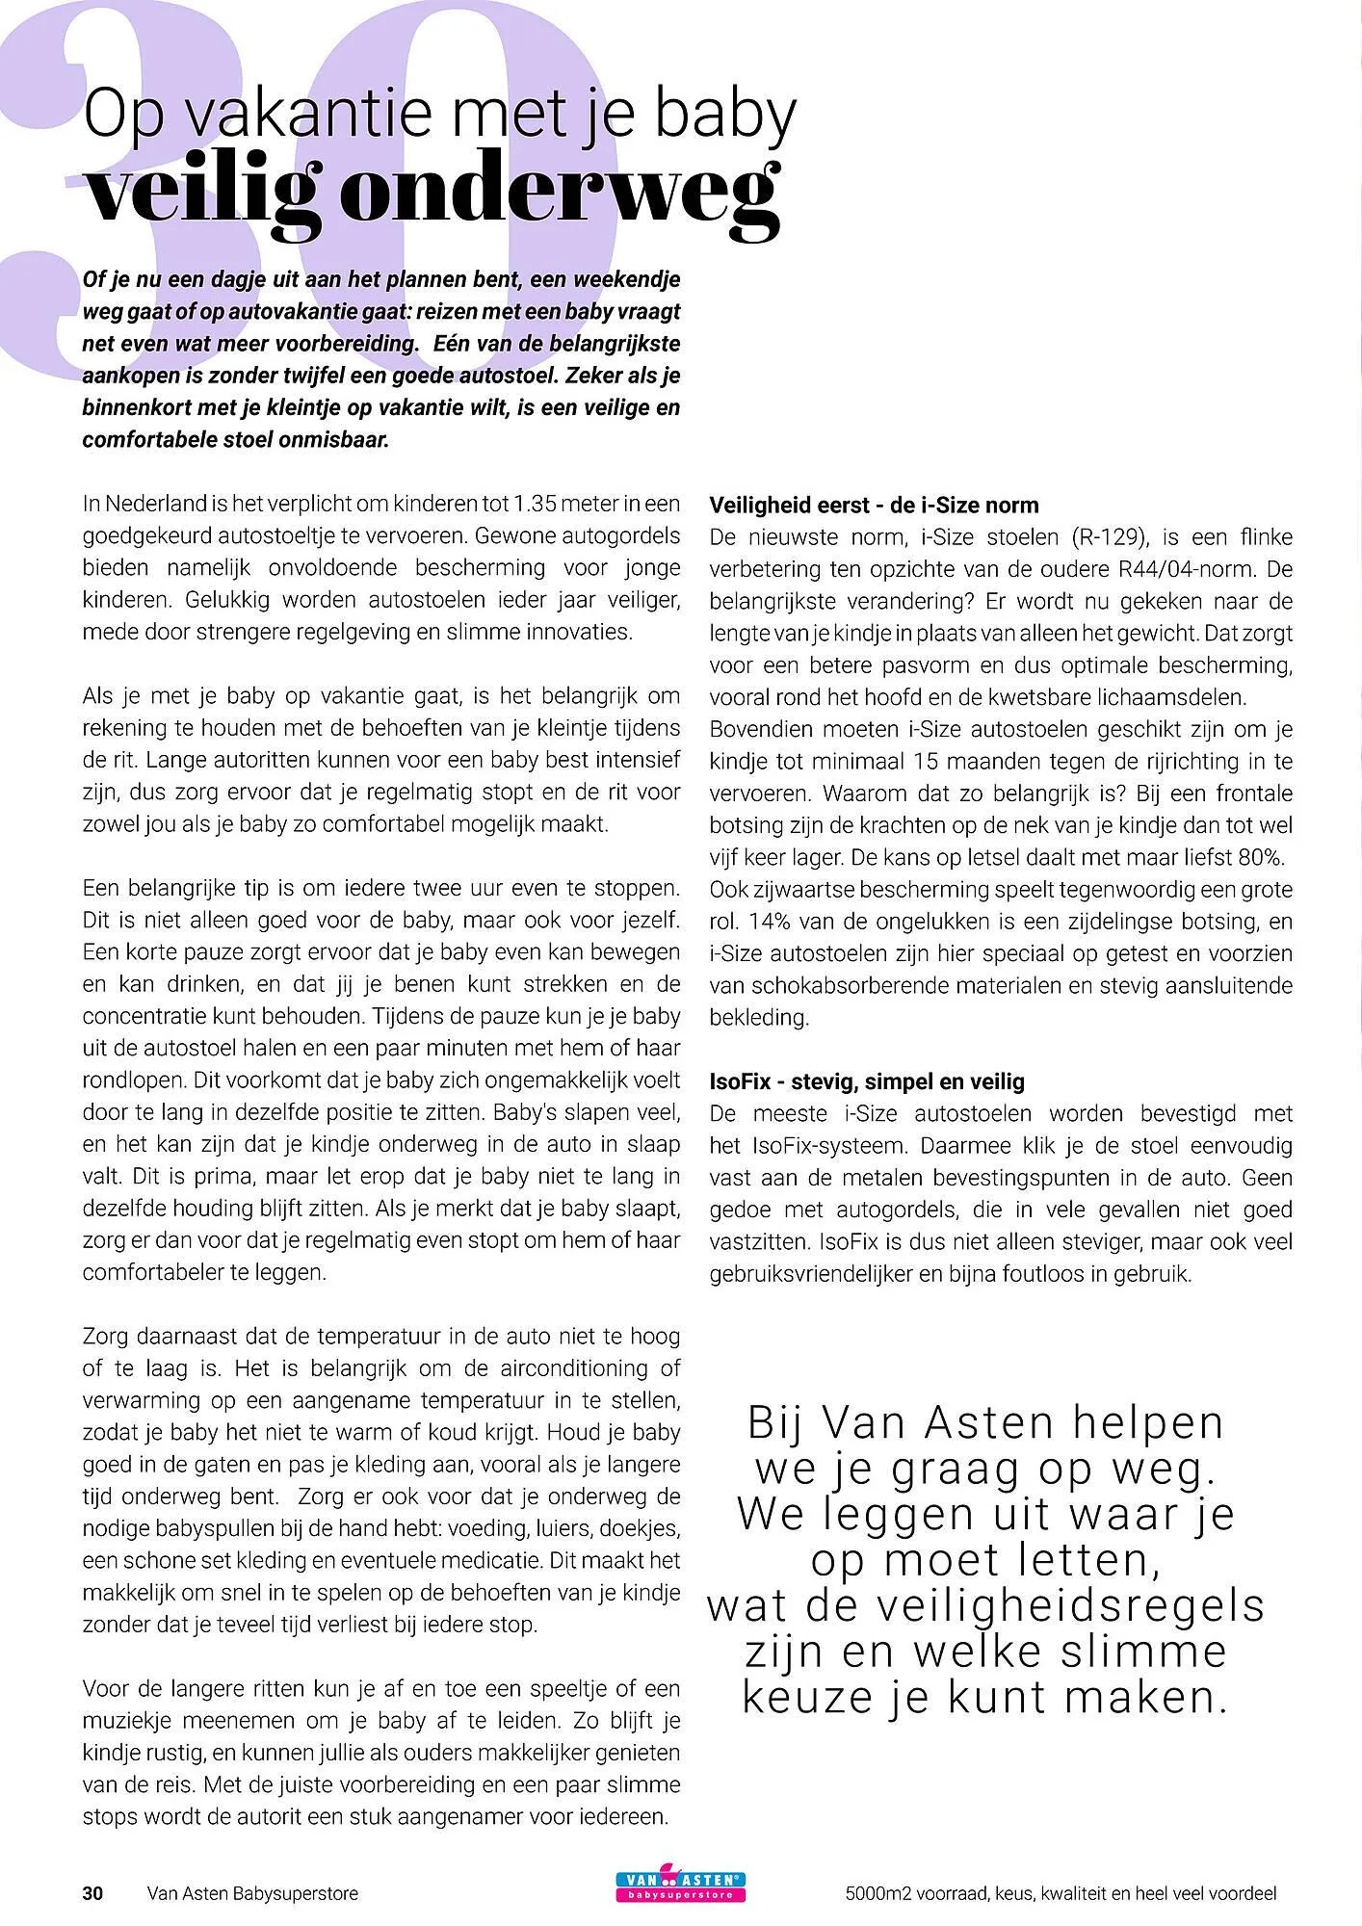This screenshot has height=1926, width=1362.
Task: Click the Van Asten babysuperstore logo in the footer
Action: [681, 1892]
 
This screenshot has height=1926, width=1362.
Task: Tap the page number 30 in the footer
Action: [92, 1893]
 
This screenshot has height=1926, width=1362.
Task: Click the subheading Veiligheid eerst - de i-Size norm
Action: [874, 506]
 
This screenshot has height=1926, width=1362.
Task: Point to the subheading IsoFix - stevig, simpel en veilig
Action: [867, 1081]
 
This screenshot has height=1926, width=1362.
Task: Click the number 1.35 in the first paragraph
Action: [535, 504]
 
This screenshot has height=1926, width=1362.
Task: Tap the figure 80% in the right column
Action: [1260, 858]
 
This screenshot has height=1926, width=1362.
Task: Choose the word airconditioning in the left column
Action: [554, 1368]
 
